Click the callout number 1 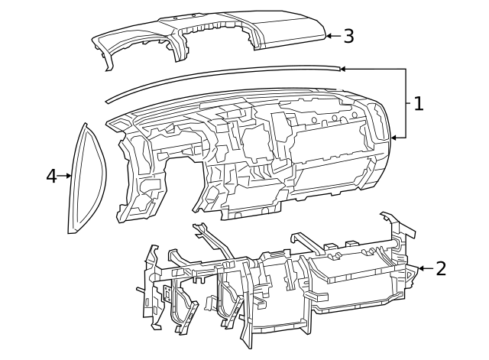(418, 103)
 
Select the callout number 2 (440, 268)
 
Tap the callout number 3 (348, 35)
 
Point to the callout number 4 (51, 176)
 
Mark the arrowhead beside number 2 (419, 268)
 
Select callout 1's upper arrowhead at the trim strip (342, 69)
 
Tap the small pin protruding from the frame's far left (139, 290)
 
